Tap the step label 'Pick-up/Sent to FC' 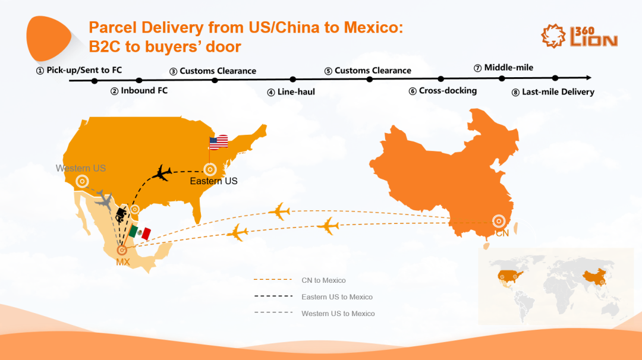79,70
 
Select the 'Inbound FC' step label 139,91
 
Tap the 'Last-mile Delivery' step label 553,92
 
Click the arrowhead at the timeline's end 588,78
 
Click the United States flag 218,143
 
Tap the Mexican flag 140,232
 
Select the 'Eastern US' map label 213,181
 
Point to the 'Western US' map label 81,168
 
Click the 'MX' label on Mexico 123,263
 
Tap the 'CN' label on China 502,233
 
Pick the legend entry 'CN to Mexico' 323,280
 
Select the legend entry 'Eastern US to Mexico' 336,297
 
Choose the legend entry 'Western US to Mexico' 338,314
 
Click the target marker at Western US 81,182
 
